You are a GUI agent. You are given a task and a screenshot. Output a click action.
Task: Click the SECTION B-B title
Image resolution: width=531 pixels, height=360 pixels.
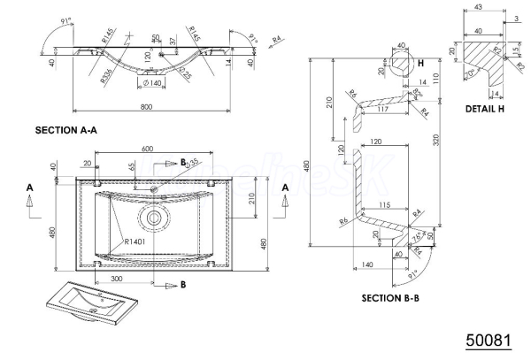point(389,298)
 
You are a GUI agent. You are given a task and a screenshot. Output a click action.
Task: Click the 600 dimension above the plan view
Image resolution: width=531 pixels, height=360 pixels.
point(147,148)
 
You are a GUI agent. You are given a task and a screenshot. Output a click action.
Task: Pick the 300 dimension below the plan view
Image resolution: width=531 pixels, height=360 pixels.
point(116,278)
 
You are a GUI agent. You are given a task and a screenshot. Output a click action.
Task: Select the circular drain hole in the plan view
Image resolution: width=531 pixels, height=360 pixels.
point(154,215)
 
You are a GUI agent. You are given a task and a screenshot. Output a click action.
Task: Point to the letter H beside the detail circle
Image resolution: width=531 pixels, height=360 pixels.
point(421,64)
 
